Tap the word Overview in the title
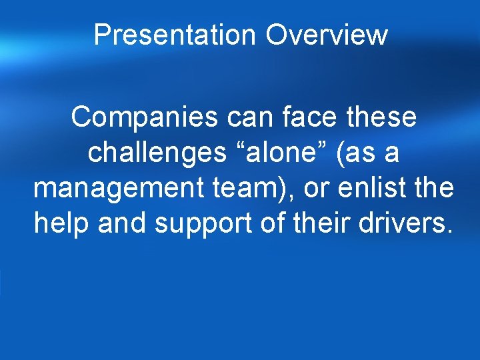(x=327, y=35)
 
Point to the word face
(x=305, y=117)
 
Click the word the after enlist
(x=435, y=189)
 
